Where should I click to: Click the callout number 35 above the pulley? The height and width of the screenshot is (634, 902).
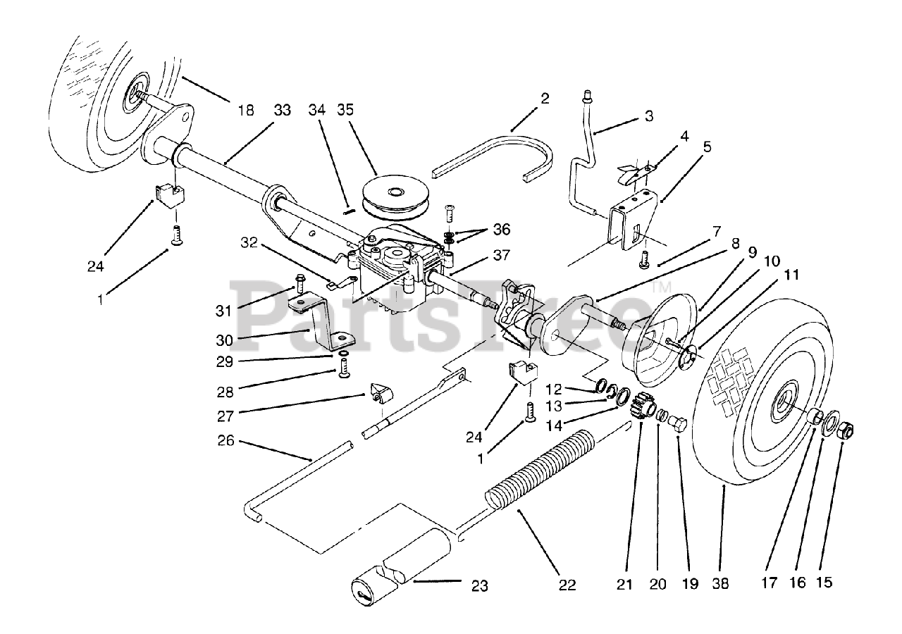(x=345, y=110)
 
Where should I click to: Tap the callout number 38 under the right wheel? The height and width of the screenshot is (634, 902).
(x=720, y=583)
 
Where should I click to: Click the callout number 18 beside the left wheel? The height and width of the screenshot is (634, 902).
(x=245, y=110)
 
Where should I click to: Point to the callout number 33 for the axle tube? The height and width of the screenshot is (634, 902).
(x=282, y=110)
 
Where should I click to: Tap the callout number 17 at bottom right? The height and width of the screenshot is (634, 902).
(x=770, y=583)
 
